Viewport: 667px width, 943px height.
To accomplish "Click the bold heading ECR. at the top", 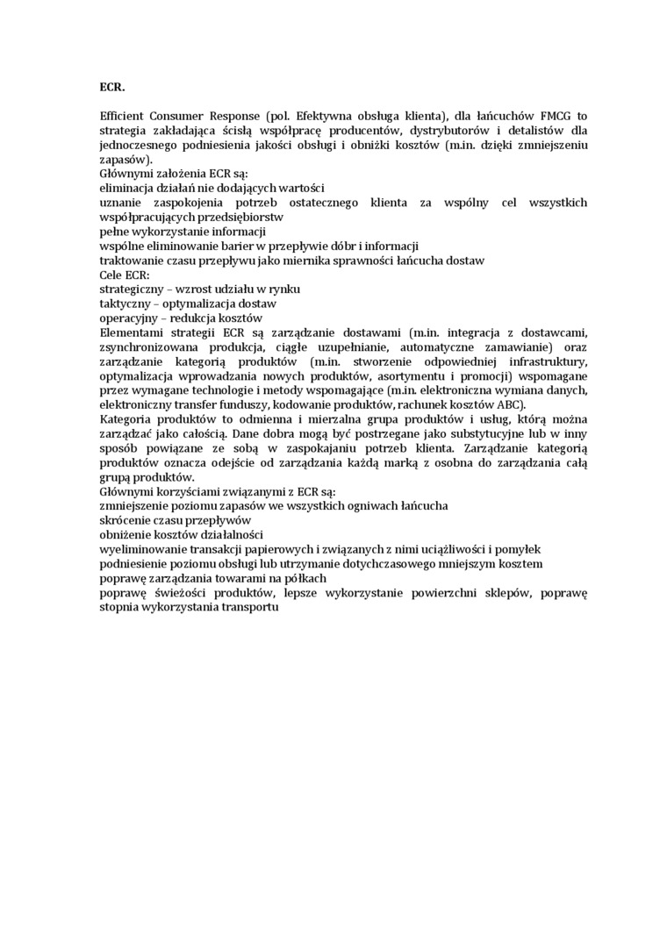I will point(112,87).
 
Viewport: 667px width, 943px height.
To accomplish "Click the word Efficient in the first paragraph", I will point(126,116).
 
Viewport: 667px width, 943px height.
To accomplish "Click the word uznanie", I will point(122,204).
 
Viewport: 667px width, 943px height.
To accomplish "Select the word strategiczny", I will point(131,289).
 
